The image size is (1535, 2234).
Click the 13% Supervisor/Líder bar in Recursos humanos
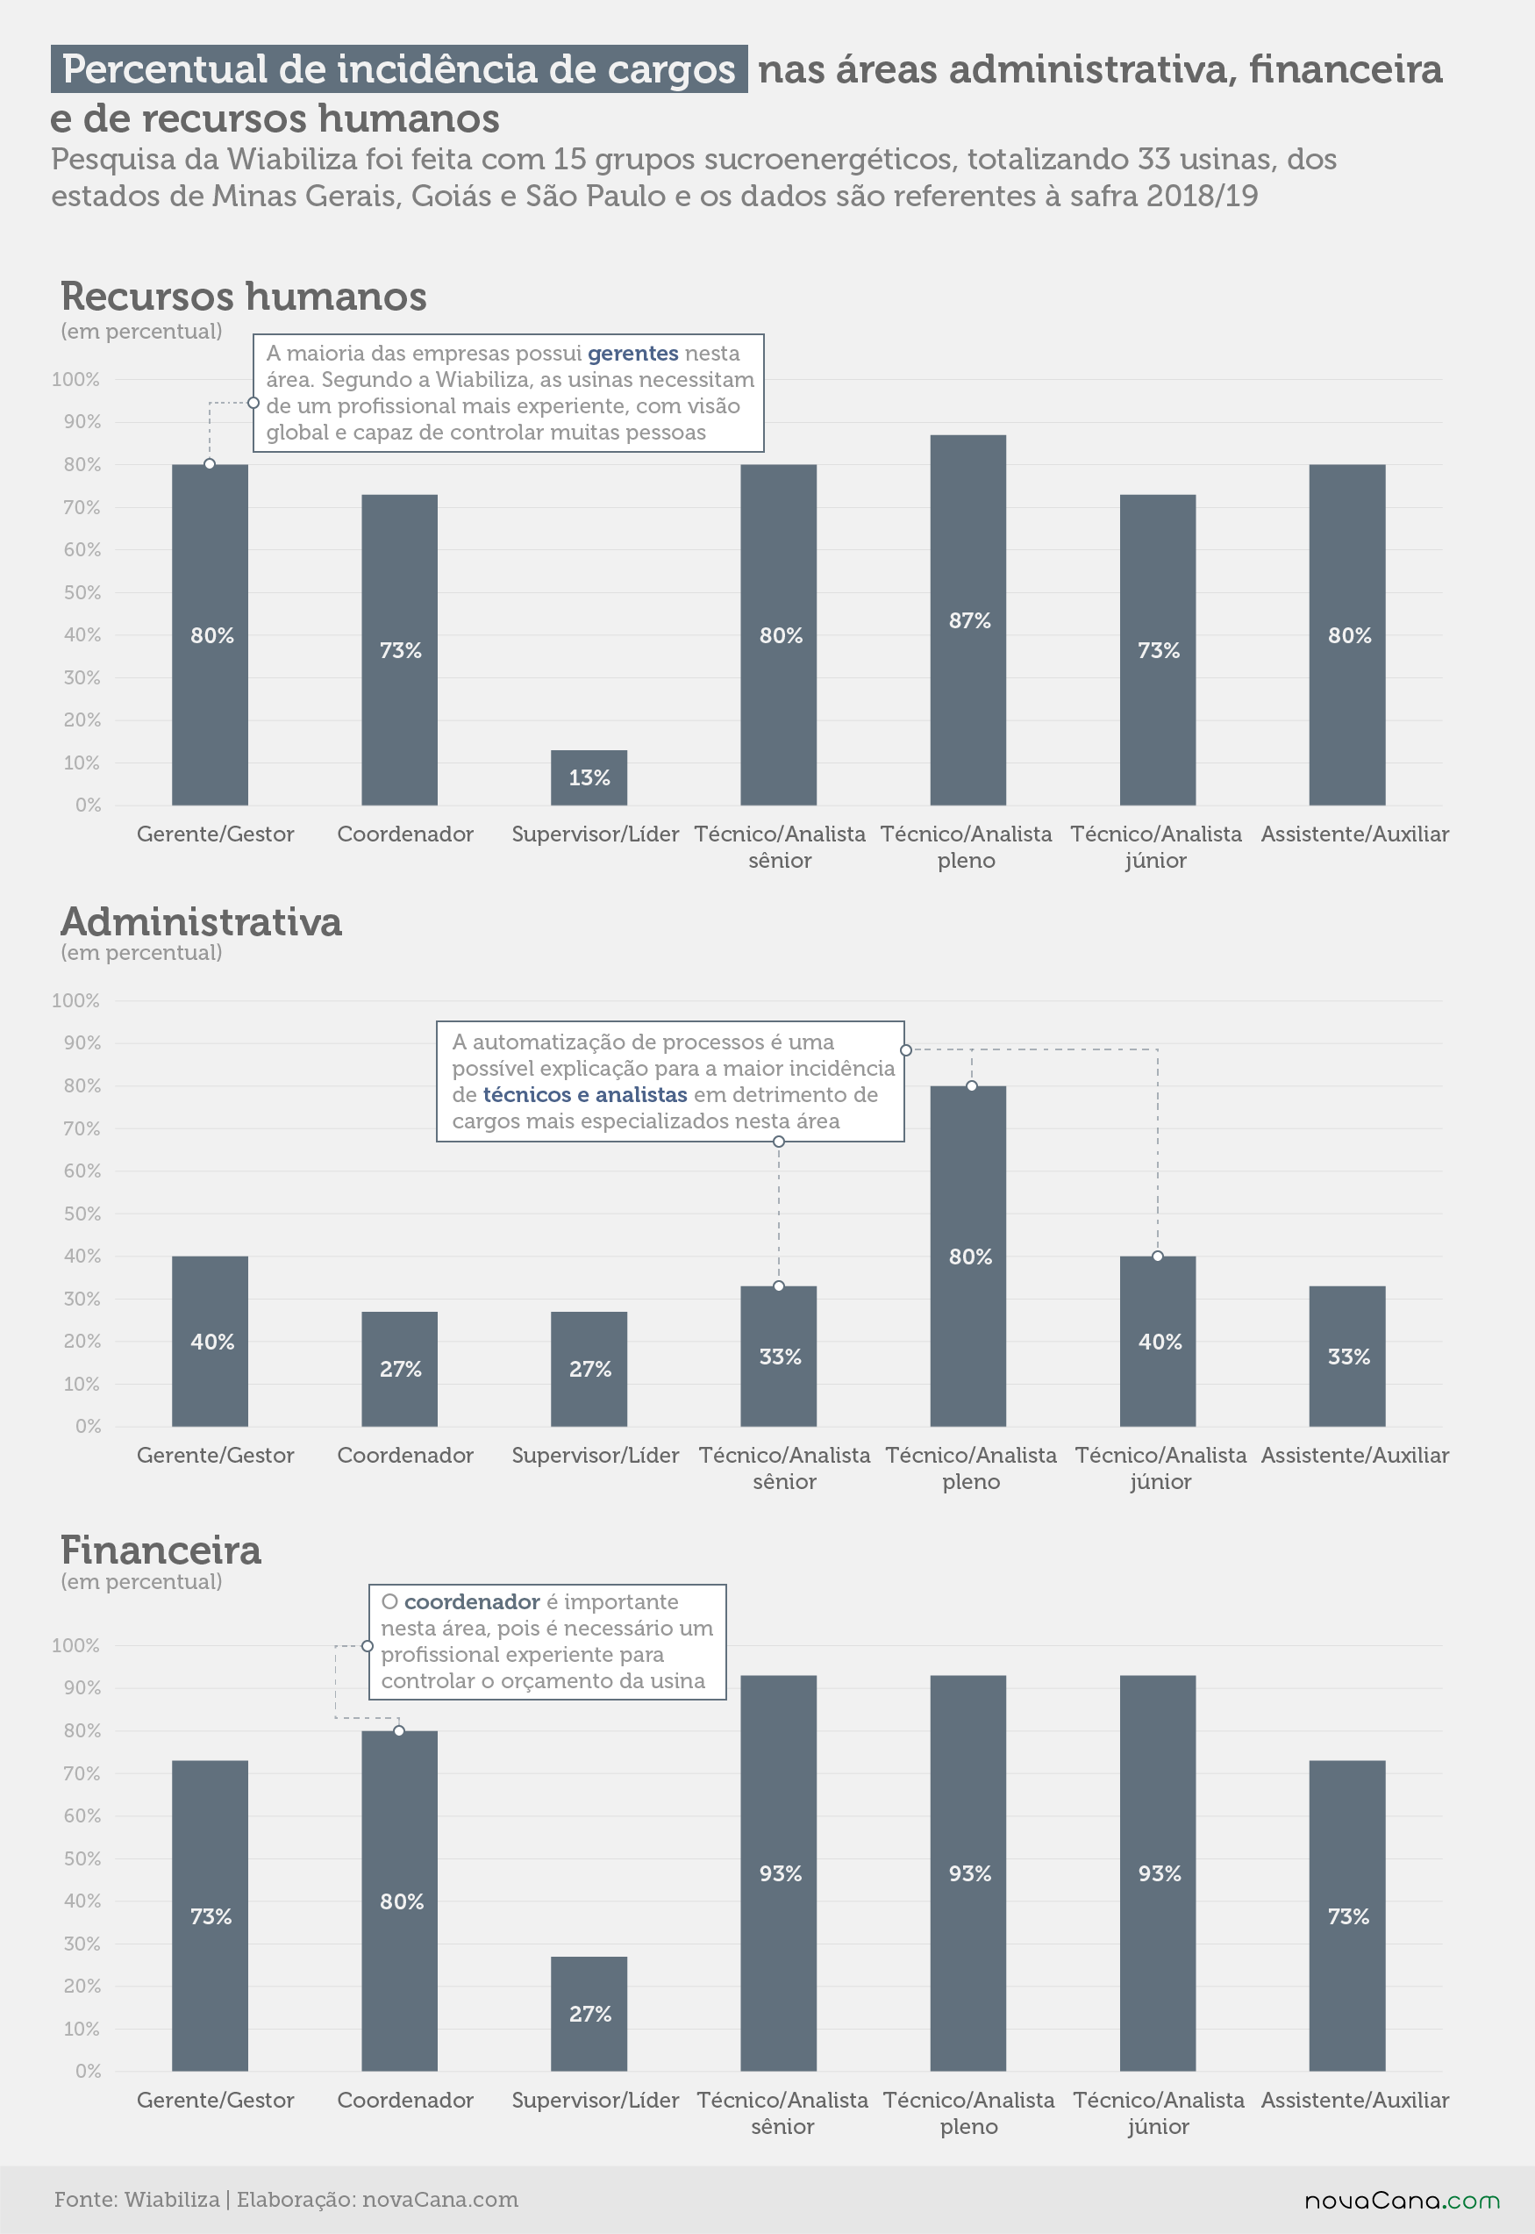[x=589, y=777]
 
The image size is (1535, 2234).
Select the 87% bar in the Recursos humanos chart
[x=967, y=619]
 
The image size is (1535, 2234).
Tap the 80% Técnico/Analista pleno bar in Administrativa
[x=967, y=1256]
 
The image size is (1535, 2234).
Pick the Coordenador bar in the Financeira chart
[x=399, y=1901]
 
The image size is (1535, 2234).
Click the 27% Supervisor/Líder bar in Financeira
[x=589, y=2013]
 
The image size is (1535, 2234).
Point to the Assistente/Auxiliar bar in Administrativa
[x=1346, y=1356]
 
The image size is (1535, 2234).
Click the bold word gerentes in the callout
[x=632, y=353]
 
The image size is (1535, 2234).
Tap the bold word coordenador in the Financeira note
[x=471, y=1602]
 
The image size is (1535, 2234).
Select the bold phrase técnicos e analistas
[x=585, y=1095]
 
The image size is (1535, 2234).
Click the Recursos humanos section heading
[x=243, y=297]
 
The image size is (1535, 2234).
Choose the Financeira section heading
[x=161, y=1551]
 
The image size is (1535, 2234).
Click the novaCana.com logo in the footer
[x=1402, y=2201]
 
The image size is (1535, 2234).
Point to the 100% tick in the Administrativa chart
[x=76, y=1000]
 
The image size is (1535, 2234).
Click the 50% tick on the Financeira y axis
[x=82, y=1858]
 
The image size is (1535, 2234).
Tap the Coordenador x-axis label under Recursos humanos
[x=405, y=834]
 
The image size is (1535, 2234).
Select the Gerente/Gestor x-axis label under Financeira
[x=216, y=2101]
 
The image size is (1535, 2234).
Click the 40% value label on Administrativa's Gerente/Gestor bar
[x=211, y=1341]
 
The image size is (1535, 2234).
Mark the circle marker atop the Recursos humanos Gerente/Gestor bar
[x=210, y=463]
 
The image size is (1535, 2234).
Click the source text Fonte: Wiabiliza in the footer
[x=137, y=2200]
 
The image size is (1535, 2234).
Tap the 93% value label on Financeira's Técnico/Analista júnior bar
[x=1159, y=1873]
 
